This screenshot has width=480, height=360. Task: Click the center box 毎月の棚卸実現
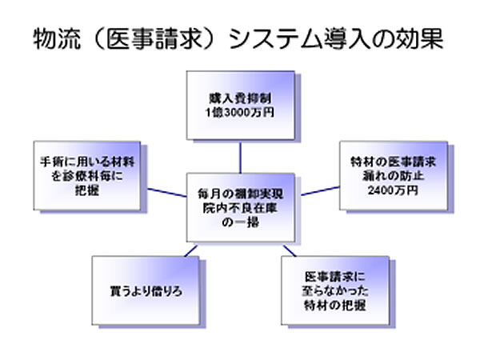(238, 194)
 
